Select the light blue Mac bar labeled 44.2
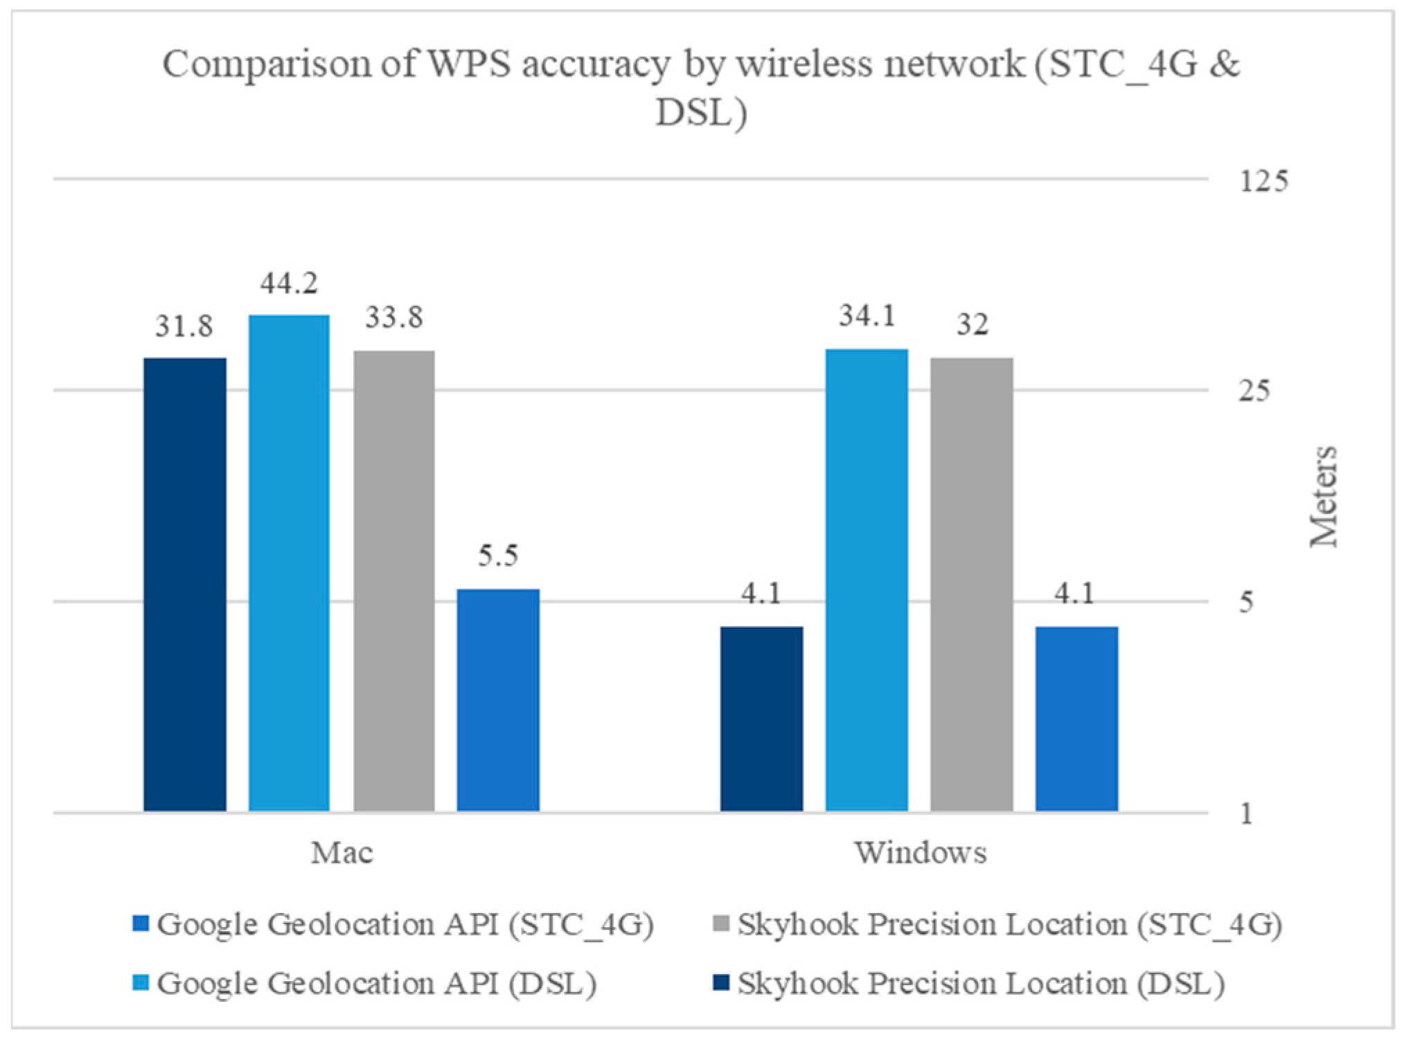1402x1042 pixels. [289, 563]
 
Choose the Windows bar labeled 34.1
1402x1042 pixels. [867, 580]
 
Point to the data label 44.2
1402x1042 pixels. [289, 283]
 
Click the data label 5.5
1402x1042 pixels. [498, 556]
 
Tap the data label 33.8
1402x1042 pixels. [394, 319]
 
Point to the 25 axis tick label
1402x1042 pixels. [1255, 392]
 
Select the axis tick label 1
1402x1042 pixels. [1247, 814]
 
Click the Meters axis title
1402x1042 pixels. [1323, 496]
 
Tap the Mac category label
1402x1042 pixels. [341, 853]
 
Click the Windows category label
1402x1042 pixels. [920, 853]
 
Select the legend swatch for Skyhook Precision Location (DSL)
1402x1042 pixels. [720, 983]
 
